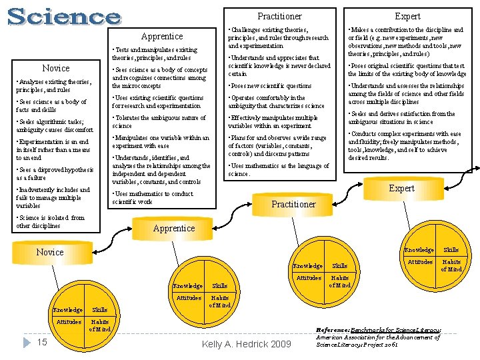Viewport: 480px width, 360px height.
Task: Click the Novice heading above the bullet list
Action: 56,68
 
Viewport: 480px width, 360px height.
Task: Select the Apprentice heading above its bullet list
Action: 162,36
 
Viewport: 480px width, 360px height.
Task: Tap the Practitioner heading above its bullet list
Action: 279,16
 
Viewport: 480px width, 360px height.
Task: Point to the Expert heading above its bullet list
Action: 407,16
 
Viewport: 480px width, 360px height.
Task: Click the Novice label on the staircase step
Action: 50,252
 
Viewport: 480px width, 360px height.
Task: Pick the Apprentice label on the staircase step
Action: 174,228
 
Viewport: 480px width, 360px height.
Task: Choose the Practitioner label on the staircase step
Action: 294,204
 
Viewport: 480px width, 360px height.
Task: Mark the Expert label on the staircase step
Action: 401,188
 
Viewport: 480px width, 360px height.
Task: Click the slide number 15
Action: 41,342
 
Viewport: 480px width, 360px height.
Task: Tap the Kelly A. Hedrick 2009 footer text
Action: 247,344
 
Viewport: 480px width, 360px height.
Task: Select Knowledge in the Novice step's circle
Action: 68,310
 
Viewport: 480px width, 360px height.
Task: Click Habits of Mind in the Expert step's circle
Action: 451,265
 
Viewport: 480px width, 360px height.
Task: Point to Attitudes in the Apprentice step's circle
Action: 189,298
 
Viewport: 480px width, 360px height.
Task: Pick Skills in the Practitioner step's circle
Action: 340,266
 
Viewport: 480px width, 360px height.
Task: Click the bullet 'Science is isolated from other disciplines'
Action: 51,221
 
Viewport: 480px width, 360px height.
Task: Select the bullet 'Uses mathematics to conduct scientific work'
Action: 153,197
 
